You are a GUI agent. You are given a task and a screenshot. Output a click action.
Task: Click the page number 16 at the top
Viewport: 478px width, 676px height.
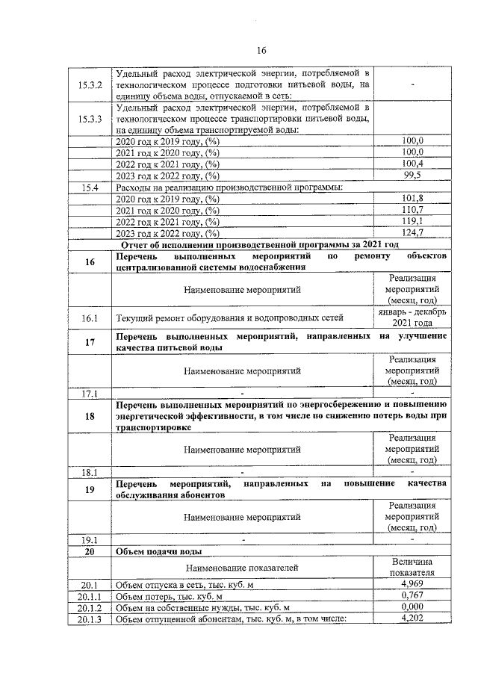pyautogui.click(x=261, y=51)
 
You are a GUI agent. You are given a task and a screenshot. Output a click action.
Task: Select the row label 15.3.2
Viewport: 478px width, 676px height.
pyautogui.click(x=90, y=85)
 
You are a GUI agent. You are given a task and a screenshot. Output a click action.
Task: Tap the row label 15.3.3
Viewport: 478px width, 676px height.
pyautogui.click(x=90, y=119)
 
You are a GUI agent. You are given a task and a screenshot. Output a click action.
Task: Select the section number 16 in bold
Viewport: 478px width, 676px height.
pyautogui.click(x=90, y=261)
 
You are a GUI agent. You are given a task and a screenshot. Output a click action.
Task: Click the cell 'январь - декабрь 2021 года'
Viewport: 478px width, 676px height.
pyautogui.click(x=412, y=317)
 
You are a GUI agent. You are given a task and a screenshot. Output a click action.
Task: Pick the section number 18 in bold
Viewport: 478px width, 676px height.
pyautogui.click(x=90, y=416)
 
